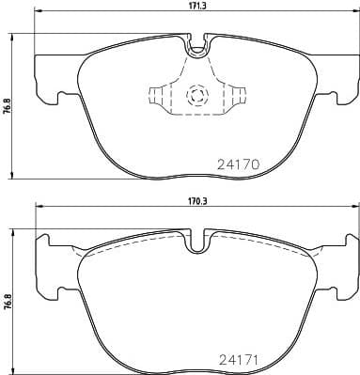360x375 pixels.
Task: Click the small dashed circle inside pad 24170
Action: pos(197,95)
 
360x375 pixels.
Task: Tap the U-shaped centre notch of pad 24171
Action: pos(197,242)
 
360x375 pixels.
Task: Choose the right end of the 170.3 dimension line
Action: pos(356,207)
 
